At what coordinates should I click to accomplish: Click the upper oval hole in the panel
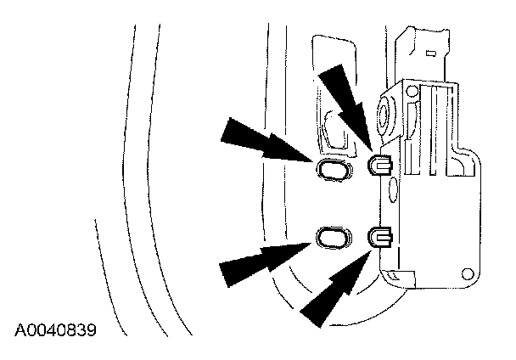tap(332, 170)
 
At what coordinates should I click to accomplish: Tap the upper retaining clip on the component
tap(379, 164)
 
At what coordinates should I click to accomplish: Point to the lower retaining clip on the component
tap(379, 236)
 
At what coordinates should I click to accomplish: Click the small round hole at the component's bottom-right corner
tap(465, 274)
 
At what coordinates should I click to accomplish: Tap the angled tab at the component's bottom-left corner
tap(392, 276)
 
